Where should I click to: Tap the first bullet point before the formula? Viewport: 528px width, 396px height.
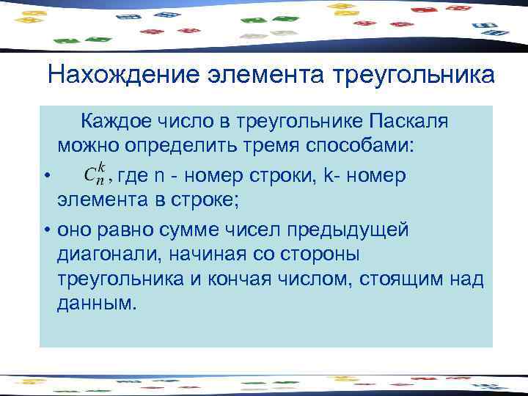coord(46,176)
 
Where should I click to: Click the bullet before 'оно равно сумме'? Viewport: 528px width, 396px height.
coord(46,231)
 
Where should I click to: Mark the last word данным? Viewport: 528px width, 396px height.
coord(96,304)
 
